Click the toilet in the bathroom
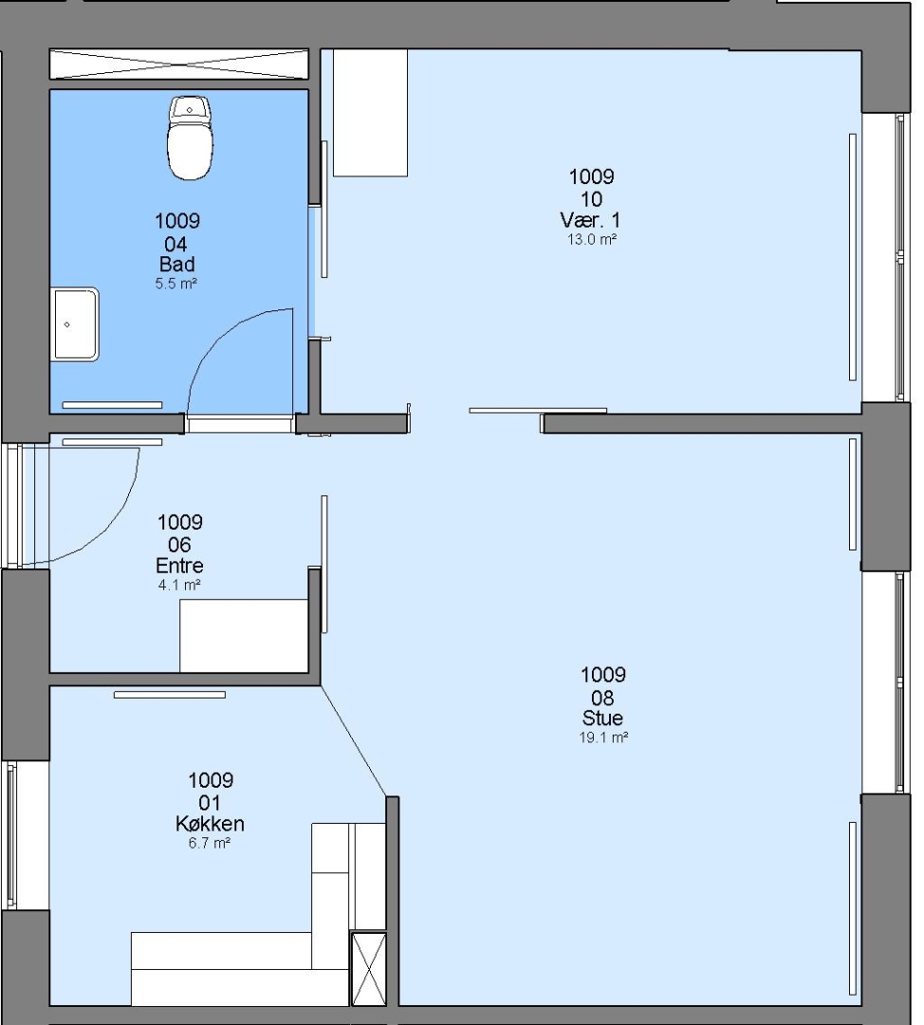click(190, 138)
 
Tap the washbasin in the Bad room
click(75, 325)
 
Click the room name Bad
click(177, 264)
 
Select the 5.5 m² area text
click(176, 284)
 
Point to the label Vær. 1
click(590, 219)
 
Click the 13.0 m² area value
click(592, 239)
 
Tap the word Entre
click(179, 566)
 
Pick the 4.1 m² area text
click(179, 585)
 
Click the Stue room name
click(602, 717)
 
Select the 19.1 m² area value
click(603, 737)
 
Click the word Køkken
click(210, 824)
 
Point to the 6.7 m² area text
click(210, 844)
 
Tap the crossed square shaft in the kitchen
click(369, 969)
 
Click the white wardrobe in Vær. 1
click(371, 112)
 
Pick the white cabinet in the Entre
click(244, 635)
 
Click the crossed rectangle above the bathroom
click(179, 65)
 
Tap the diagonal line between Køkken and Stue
click(354, 741)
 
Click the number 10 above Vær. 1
click(591, 198)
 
